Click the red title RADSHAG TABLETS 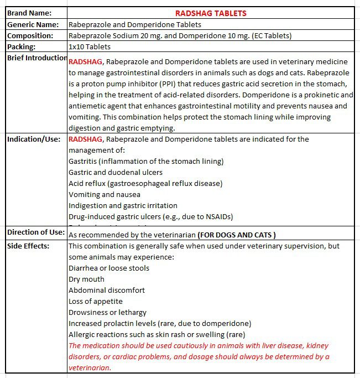point(211,13)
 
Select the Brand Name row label point(29,13)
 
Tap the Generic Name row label point(33,24)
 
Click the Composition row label point(30,35)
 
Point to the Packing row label point(22,46)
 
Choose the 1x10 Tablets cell point(89,46)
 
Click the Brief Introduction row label point(37,58)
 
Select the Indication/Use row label point(34,139)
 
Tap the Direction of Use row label point(35,232)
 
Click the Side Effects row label point(28,246)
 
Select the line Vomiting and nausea point(105,194)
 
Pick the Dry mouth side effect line point(86,279)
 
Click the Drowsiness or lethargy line point(107,312)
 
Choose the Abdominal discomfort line point(107,290)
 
